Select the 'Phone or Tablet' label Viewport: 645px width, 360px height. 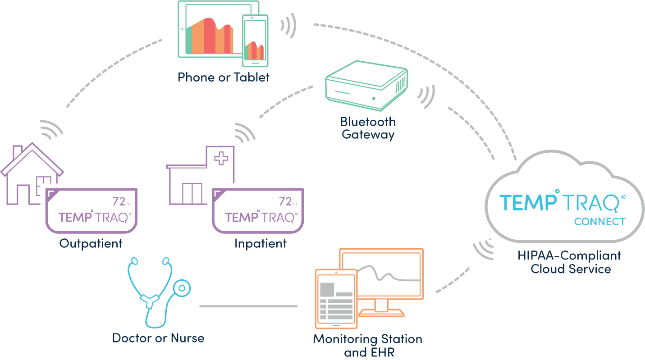(x=224, y=77)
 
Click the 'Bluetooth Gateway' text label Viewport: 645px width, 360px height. (x=368, y=128)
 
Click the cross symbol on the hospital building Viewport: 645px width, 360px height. (x=221, y=159)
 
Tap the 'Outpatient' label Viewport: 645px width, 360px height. (x=91, y=244)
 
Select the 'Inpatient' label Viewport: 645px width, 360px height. (x=260, y=244)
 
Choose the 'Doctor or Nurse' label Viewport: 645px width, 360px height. (x=158, y=338)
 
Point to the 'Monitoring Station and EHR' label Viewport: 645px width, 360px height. (x=368, y=345)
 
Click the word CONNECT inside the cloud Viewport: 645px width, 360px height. (x=599, y=222)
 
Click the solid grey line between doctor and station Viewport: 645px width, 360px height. (x=248, y=306)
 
